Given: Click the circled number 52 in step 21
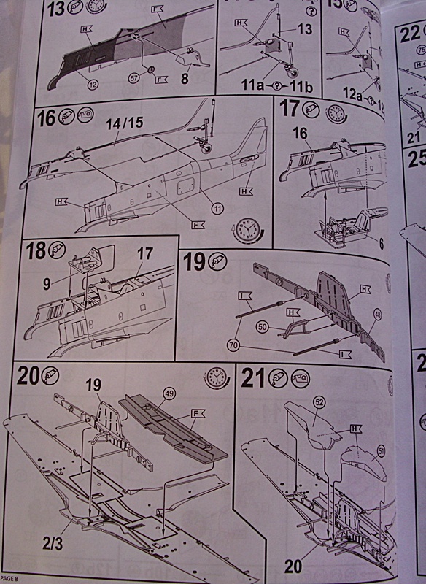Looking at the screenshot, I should [x=319, y=401].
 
